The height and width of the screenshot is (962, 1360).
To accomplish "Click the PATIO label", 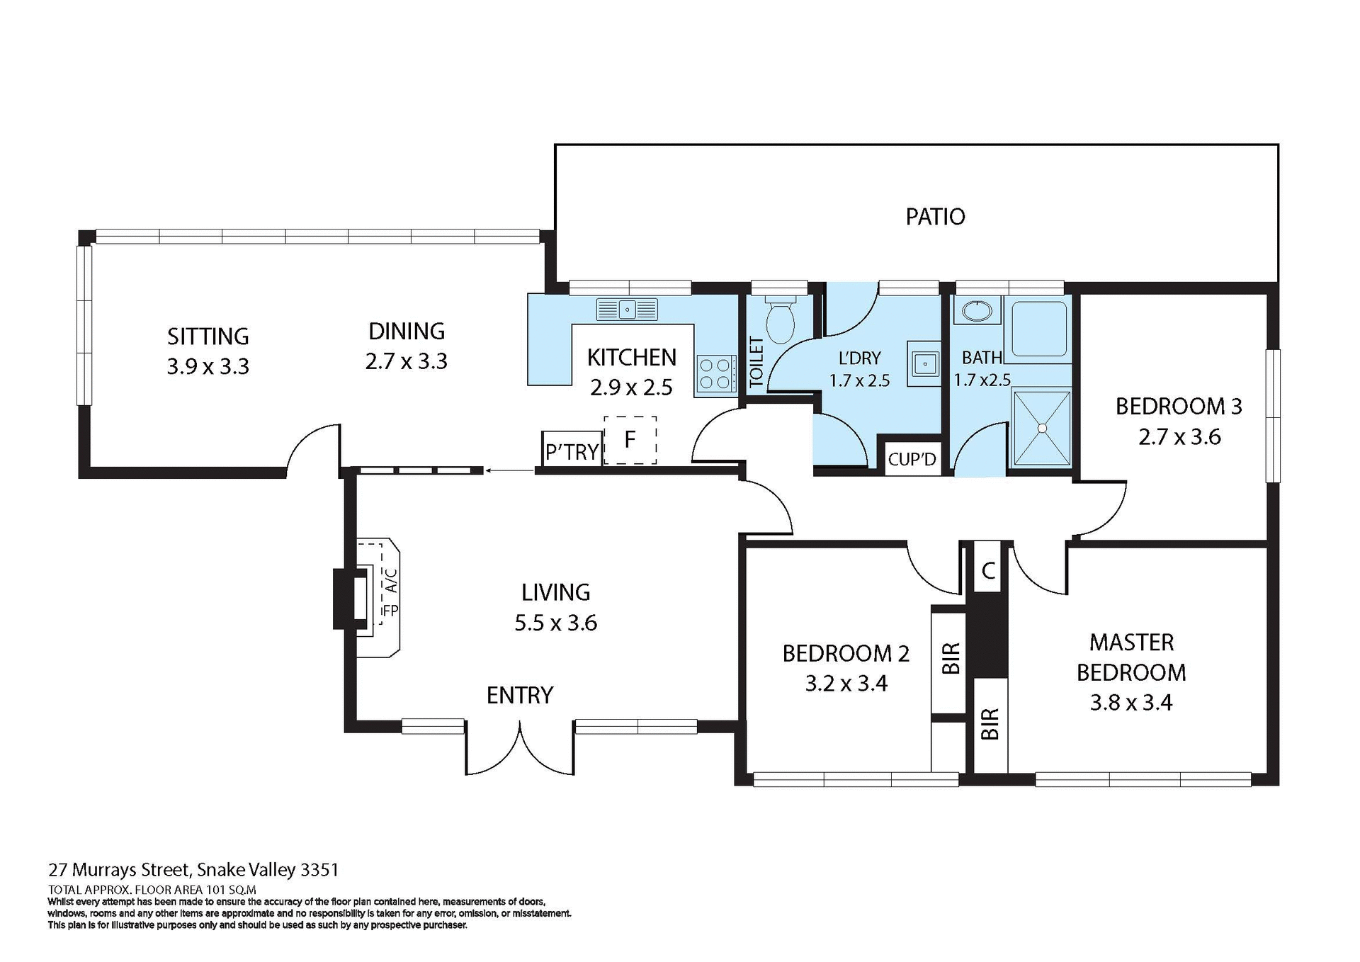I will pos(935,217).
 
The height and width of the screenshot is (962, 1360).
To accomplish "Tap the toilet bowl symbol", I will pos(780,322).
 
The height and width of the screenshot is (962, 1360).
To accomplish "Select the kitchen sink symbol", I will pos(627,310).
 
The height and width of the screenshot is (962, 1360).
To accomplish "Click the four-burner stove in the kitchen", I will pos(715,374).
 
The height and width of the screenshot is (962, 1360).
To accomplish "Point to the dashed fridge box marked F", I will pos(630,440).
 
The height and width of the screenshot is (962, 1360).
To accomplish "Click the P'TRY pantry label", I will pos(572,452).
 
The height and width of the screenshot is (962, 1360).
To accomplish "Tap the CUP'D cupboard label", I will pos(912,460).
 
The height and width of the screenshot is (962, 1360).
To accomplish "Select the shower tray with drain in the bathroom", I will pos(1042,429).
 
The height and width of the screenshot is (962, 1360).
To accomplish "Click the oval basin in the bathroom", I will pos(977,310).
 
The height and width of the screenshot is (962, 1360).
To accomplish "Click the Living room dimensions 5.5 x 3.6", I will pos(555,623).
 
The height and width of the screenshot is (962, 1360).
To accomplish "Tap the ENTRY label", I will pos(519,695).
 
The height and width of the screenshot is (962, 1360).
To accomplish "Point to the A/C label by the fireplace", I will pos(391,581).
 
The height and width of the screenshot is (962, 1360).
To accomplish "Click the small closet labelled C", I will pos(989,570).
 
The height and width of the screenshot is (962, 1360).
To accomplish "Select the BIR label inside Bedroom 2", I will pos(951,659).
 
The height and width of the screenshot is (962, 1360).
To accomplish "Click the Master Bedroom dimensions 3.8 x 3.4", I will pos(1130,703).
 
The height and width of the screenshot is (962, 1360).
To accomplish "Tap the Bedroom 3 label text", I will pos(1179,407).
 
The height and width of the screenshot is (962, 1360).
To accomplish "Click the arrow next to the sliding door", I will pos(510,470).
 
